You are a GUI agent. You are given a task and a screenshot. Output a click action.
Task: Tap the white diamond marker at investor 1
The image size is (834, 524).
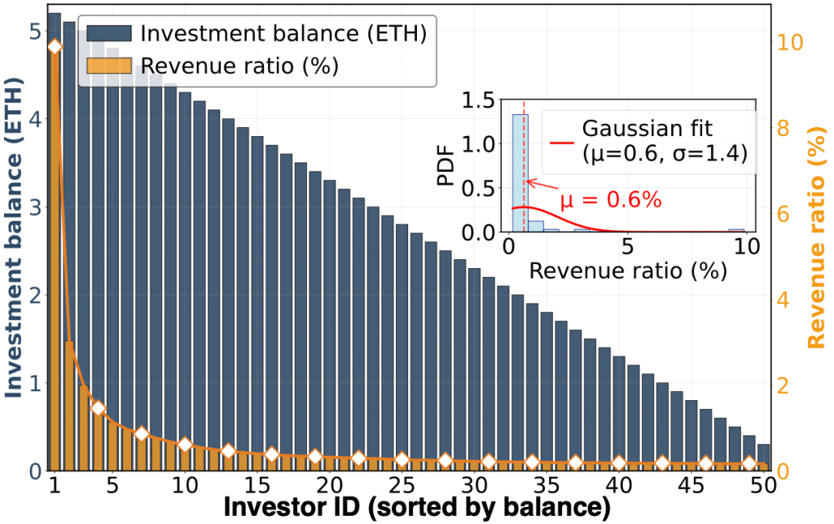[x=55, y=46]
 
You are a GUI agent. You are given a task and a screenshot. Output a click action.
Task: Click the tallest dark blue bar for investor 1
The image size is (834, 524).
[x=55, y=244]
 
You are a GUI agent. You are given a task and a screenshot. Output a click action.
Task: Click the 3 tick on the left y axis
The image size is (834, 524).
[x=35, y=207]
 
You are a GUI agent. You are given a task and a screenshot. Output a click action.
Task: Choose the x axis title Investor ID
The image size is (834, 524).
[x=417, y=509]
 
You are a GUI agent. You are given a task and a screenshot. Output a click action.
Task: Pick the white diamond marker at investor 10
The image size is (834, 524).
[x=185, y=444]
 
